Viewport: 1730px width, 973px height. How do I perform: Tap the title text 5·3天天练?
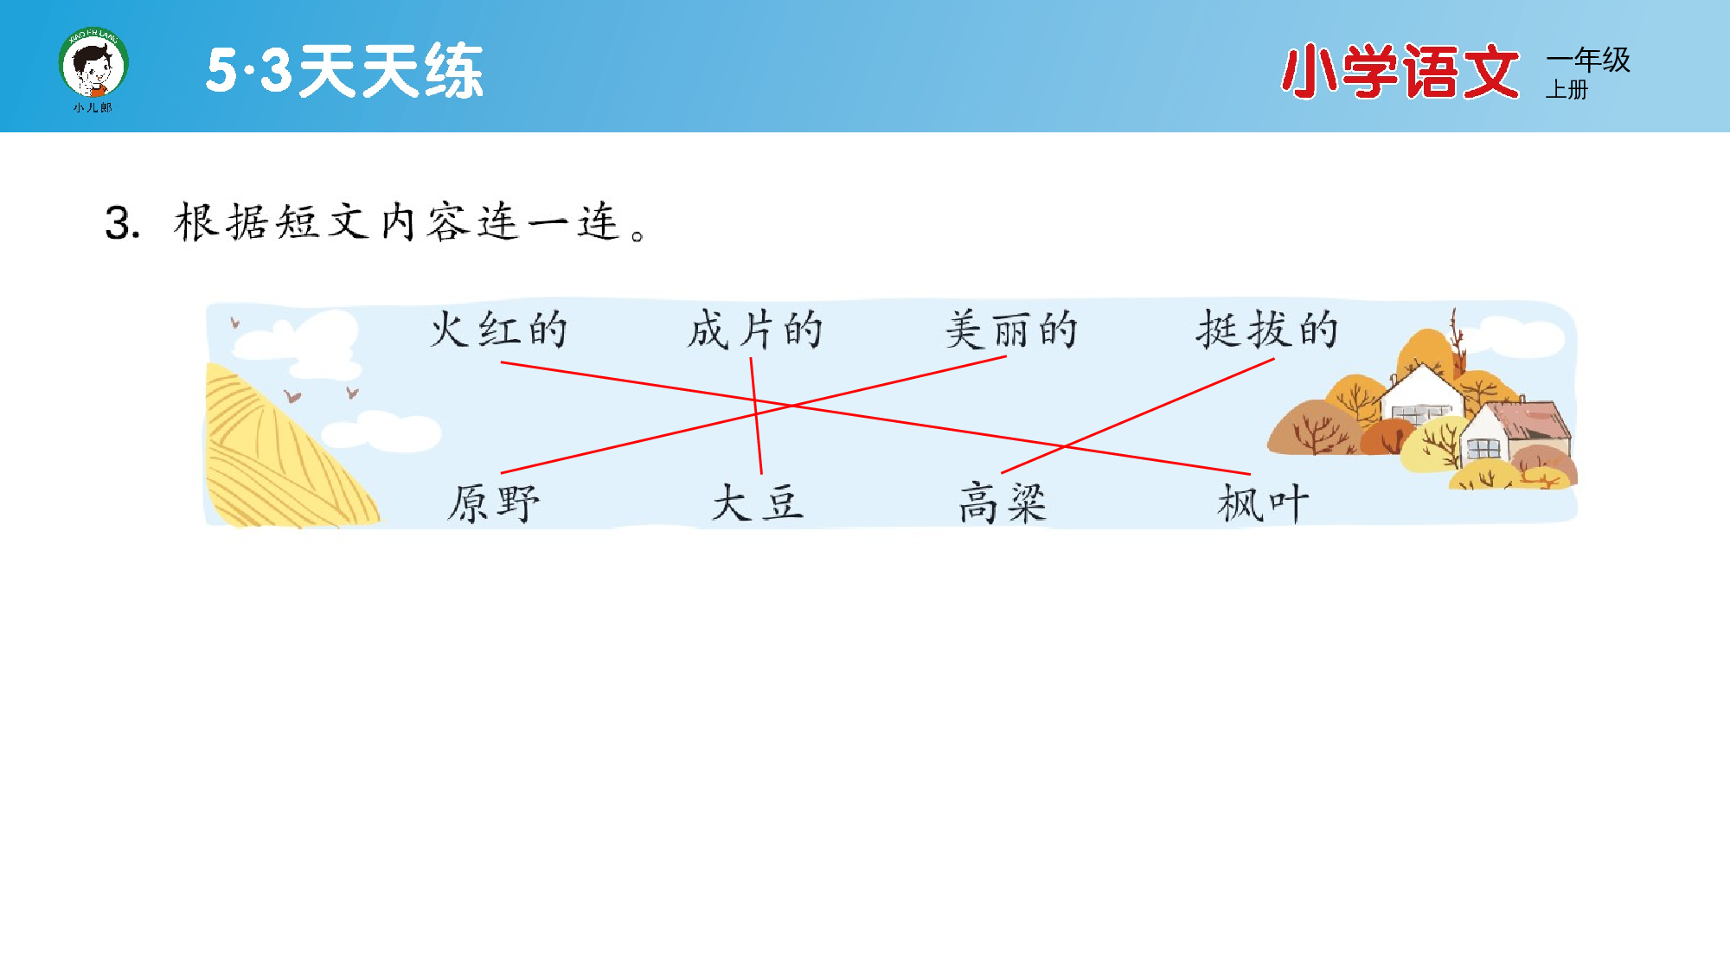click(344, 71)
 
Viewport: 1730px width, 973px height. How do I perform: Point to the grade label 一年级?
click(1588, 60)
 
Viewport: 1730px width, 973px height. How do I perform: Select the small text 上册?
click(1567, 90)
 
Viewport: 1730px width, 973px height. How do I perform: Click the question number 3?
click(122, 223)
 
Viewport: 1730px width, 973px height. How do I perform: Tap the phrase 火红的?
click(499, 330)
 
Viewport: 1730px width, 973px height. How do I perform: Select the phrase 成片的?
click(754, 330)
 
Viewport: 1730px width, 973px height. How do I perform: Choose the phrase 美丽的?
click(1010, 330)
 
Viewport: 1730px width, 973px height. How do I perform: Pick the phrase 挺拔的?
click(1267, 330)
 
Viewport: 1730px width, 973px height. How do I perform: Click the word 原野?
click(493, 503)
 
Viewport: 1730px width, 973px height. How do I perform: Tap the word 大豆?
click(758, 503)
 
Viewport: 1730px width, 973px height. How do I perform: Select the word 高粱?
click(1003, 503)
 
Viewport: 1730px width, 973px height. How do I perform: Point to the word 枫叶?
click(1263, 503)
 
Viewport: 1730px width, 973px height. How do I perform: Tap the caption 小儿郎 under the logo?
click(93, 108)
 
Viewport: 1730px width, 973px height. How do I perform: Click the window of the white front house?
click(1483, 448)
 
